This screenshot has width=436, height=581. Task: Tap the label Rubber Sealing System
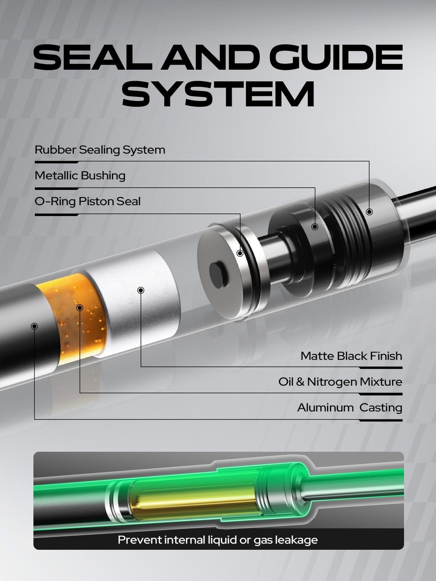tap(100, 150)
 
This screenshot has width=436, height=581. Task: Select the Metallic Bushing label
tap(80, 176)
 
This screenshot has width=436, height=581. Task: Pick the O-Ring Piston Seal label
tap(87, 202)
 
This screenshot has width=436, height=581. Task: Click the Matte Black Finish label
tap(351, 356)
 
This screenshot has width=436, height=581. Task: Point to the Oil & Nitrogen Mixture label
tap(340, 382)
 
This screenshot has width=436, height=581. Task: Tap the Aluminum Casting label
tap(350, 408)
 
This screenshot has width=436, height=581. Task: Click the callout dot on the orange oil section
tap(80, 308)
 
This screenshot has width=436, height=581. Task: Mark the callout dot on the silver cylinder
tap(141, 290)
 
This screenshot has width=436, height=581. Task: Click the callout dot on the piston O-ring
tap(240, 253)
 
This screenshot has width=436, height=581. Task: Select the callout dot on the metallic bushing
tap(315, 227)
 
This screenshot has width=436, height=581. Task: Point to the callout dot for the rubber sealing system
tap(369, 212)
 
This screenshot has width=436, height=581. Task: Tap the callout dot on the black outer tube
tap(35, 326)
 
